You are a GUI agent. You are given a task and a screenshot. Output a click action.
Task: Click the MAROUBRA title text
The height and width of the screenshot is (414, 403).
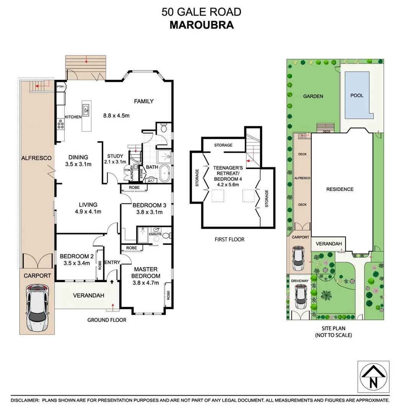(x=201, y=25)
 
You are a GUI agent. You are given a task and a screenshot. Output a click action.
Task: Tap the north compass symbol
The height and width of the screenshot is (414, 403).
(x=373, y=376)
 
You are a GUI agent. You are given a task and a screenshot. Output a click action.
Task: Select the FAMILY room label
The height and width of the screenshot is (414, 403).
(x=144, y=101)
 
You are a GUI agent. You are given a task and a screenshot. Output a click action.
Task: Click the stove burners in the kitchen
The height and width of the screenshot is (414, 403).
(x=61, y=123)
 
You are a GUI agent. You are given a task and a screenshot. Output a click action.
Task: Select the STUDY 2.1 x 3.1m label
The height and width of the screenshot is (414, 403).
(x=115, y=159)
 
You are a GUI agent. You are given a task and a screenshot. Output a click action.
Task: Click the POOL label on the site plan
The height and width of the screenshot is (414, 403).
(x=357, y=95)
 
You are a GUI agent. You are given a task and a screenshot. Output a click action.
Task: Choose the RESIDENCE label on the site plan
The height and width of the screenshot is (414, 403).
(x=339, y=189)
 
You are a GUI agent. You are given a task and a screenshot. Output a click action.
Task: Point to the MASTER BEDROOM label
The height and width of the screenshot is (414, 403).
(x=146, y=273)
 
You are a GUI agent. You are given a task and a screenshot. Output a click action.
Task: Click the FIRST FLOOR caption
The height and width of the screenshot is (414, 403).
(x=230, y=239)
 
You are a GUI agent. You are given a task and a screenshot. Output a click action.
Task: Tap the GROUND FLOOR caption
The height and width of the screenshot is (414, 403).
(x=106, y=320)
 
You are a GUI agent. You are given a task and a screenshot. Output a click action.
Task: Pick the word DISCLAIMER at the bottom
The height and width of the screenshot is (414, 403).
(x=25, y=400)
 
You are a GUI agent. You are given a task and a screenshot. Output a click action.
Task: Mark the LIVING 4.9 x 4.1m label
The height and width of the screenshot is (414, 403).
(x=88, y=208)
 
